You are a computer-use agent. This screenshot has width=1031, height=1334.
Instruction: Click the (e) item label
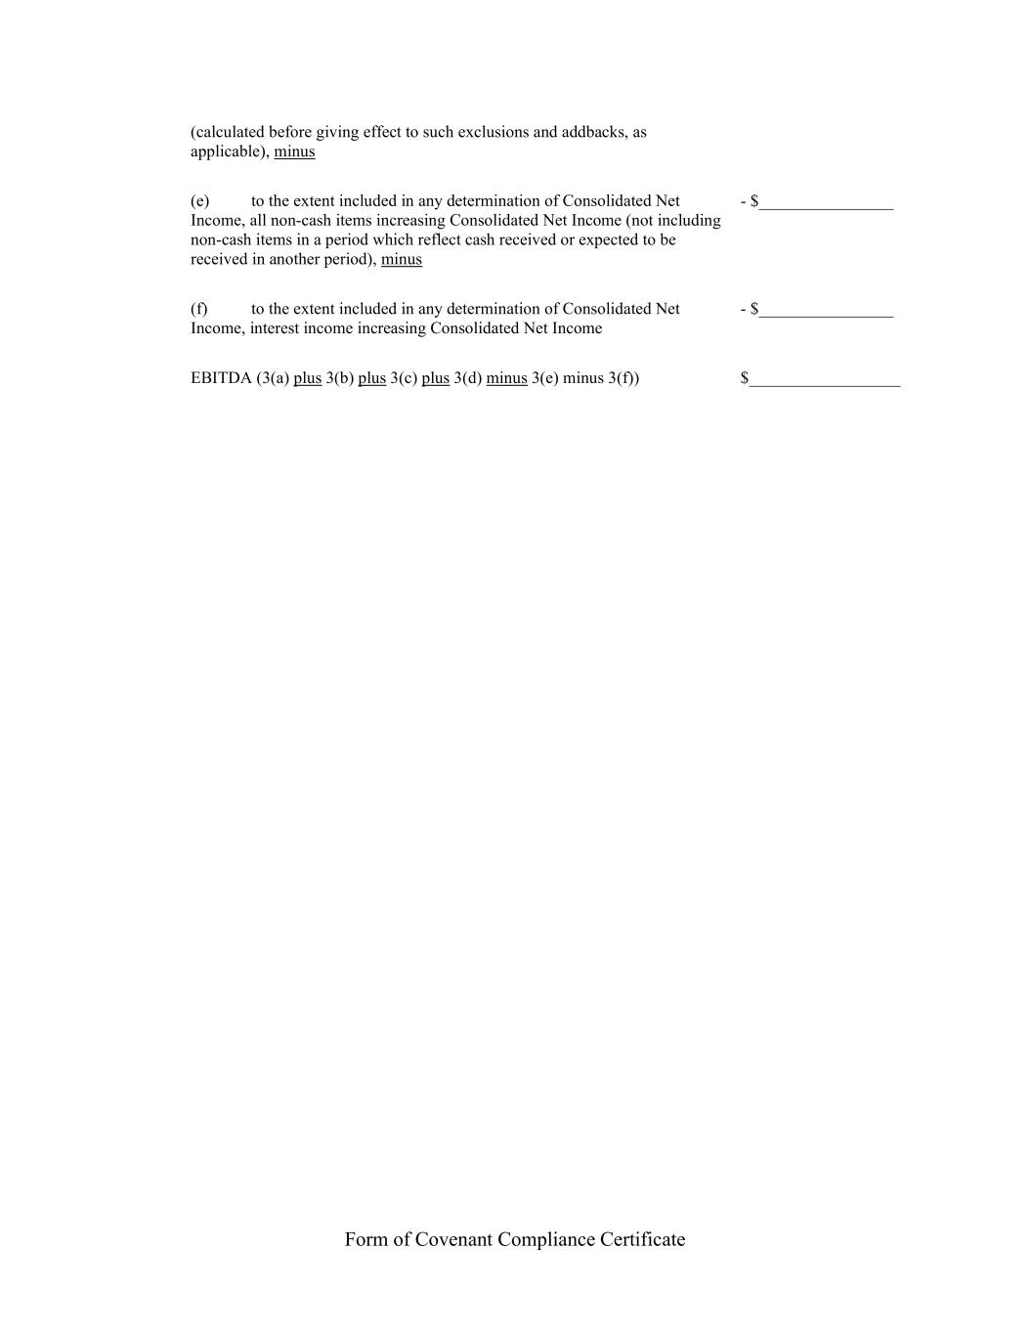[x=199, y=201]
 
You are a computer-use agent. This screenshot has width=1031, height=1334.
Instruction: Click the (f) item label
[x=199, y=309]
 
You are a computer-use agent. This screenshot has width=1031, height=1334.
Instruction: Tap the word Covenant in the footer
[x=453, y=1239]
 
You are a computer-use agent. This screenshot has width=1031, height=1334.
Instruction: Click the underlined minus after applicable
[x=294, y=151]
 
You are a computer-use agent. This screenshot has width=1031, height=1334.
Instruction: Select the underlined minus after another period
[x=402, y=259]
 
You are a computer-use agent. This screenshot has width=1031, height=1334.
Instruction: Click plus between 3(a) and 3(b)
[x=307, y=378]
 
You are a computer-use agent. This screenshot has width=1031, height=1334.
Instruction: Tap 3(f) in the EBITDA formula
[x=623, y=378]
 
